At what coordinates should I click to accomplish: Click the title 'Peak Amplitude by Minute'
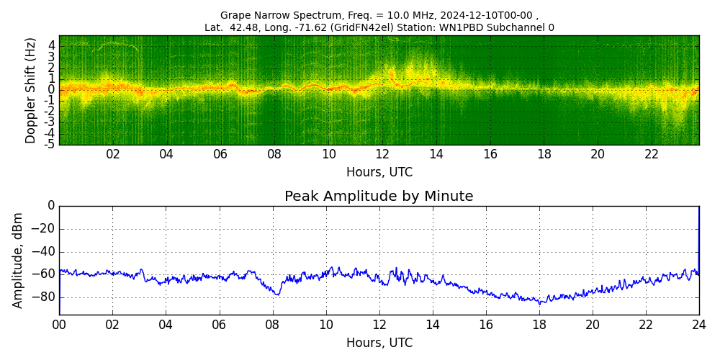tap(379, 197)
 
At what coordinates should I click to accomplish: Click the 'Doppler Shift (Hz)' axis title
tap(31, 91)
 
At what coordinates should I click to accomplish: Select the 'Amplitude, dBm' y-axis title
tap(19, 260)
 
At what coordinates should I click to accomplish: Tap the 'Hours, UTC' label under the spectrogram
tap(379, 172)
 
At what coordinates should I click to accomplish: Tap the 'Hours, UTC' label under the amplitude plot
tap(379, 343)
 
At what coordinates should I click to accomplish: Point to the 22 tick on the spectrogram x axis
tap(652, 154)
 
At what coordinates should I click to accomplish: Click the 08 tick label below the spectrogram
tap(274, 154)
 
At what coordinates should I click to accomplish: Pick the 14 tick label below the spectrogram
tap(436, 154)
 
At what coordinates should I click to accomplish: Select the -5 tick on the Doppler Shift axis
tap(50, 144)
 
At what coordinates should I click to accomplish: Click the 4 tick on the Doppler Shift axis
tap(52, 45)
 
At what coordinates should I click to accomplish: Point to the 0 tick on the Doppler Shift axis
tap(52, 90)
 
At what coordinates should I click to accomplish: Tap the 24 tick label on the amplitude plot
tap(699, 325)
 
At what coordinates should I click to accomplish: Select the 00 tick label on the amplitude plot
tap(59, 325)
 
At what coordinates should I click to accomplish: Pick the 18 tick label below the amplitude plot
tap(539, 325)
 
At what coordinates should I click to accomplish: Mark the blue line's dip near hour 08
tap(276, 294)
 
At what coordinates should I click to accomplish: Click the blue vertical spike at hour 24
tap(698, 238)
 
